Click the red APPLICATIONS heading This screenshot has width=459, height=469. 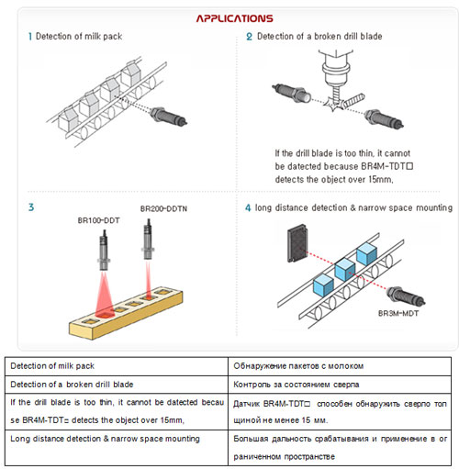pos(234,18)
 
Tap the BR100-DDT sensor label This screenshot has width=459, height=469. pos(98,220)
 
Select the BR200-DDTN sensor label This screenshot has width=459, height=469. pos(163,208)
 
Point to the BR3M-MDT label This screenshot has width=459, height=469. pos(398,313)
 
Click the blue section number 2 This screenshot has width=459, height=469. pos(249,37)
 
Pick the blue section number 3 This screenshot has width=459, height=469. pos(31,207)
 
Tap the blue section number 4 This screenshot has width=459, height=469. pos(248,208)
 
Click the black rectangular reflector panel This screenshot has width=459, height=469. pos(297,243)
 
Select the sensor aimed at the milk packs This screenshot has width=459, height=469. pos(169,117)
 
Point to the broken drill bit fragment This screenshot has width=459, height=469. pos(353,101)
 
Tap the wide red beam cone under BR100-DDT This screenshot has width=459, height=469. pos(105,295)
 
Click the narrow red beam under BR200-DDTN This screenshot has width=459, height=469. pos(148,279)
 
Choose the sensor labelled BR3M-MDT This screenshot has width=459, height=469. pos(406,296)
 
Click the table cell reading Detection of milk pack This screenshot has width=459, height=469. pos(117,366)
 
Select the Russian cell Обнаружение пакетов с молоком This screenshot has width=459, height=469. pos(340,366)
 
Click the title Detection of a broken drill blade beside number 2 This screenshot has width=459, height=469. pos(319,37)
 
